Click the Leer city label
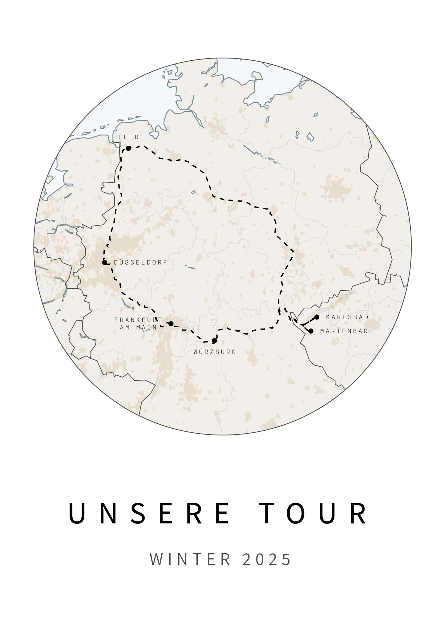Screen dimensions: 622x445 (129, 137)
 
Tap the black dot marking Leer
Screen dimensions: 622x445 (128, 148)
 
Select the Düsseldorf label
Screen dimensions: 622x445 (140, 263)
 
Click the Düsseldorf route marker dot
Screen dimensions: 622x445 (105, 262)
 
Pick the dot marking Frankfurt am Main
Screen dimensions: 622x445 (171, 324)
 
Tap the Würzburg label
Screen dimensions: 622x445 (215, 352)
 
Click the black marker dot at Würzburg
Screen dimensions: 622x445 (214, 341)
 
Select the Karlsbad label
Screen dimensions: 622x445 (347, 317)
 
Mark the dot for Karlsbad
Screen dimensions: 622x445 (317, 317)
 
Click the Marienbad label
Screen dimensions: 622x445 (344, 331)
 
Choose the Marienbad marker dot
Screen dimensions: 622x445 (311, 331)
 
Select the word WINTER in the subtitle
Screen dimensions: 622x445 (190, 559)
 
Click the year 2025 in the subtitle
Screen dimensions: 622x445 (267, 559)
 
